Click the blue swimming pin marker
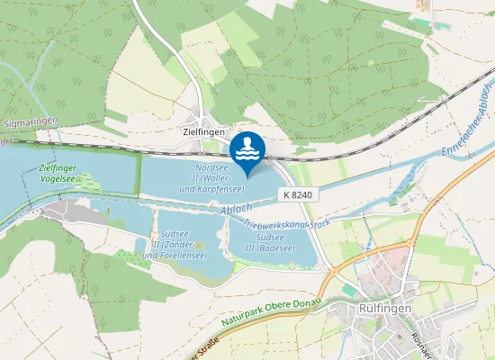click(x=247, y=150)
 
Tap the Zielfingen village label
click(x=196, y=130)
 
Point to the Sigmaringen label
click(x=31, y=121)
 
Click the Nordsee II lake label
click(x=212, y=178)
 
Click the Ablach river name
click(x=235, y=210)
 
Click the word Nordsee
click(x=211, y=167)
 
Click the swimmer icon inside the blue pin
click(x=247, y=146)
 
